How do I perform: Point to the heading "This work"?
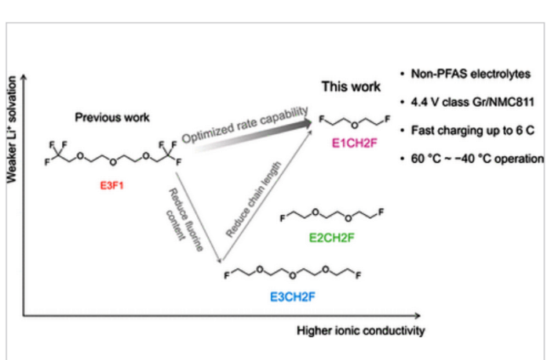point(351,86)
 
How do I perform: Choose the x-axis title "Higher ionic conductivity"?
point(360,330)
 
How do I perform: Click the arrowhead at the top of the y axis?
point(24,78)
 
